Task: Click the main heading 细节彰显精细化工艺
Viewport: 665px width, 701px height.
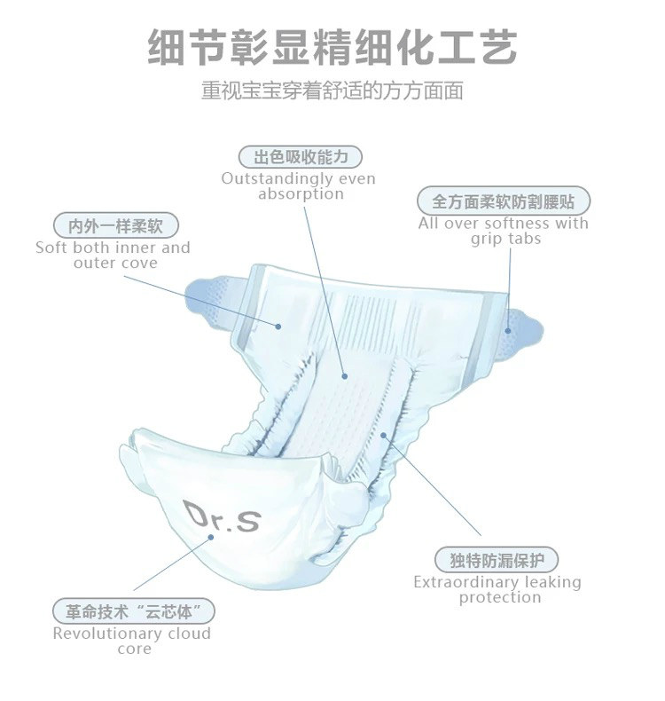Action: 332,47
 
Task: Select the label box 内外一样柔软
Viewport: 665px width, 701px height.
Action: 113,225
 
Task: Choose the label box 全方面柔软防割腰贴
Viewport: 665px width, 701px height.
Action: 503,201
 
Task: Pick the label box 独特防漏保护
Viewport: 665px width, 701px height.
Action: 497,560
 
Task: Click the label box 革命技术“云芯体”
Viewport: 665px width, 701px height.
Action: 133,611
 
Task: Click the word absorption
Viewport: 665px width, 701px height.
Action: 301,193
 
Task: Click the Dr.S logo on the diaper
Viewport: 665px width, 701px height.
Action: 222,516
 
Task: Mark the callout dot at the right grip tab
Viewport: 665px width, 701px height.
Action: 508,330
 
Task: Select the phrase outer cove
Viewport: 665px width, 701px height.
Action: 115,263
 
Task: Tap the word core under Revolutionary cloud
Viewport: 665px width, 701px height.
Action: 134,649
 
